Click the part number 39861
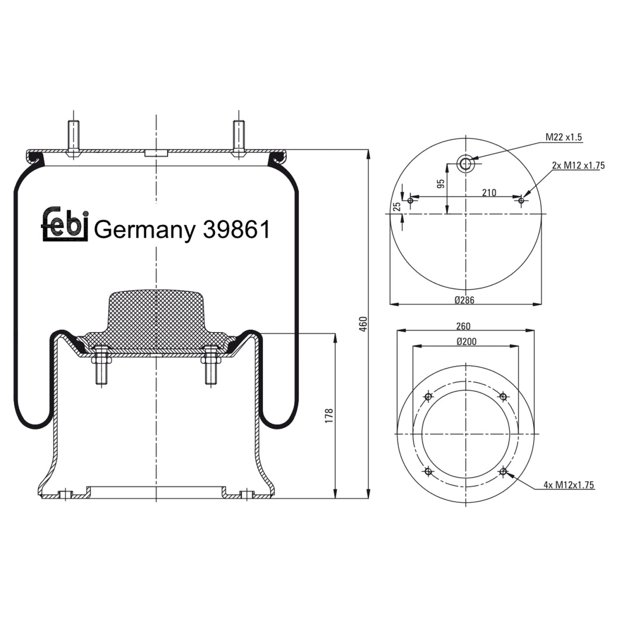[237, 230]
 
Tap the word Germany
[144, 231]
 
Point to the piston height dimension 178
[329, 416]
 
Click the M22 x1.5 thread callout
[564, 137]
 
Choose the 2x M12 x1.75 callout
[577, 165]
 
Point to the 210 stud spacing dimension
[489, 193]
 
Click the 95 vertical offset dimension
[441, 183]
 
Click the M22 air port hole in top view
[465, 164]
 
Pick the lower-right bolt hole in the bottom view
[503, 471]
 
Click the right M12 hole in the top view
[521, 201]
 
